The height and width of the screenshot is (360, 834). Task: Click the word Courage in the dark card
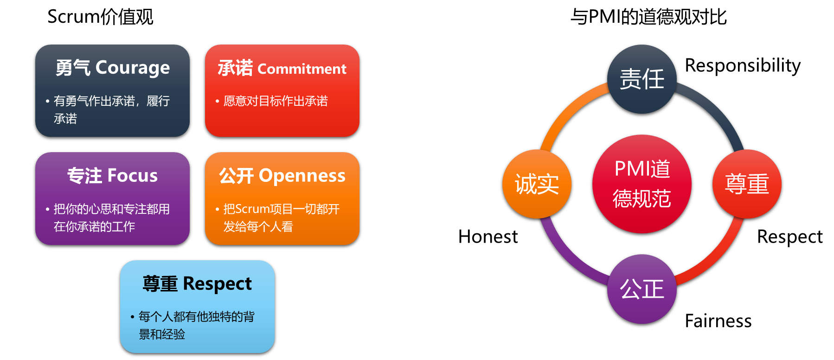(x=133, y=68)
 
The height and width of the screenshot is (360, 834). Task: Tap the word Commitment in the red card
(x=302, y=69)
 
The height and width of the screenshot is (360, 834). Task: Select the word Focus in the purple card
(x=133, y=176)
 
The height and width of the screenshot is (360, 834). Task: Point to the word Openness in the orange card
(x=302, y=176)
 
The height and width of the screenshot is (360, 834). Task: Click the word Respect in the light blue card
(x=217, y=284)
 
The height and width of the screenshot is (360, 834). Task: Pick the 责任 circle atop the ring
(x=642, y=79)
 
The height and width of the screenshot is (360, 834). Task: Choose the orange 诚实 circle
(x=537, y=184)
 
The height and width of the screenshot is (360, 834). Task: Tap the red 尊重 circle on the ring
(x=747, y=184)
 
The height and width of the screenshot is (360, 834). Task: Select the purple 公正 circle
(x=642, y=289)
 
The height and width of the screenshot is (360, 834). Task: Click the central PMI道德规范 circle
(x=642, y=184)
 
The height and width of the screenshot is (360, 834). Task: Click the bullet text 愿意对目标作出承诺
(x=276, y=101)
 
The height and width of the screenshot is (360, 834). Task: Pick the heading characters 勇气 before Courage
(x=73, y=68)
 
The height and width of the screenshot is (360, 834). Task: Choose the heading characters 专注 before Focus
(x=84, y=176)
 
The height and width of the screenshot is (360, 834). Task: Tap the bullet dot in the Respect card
(x=133, y=317)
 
